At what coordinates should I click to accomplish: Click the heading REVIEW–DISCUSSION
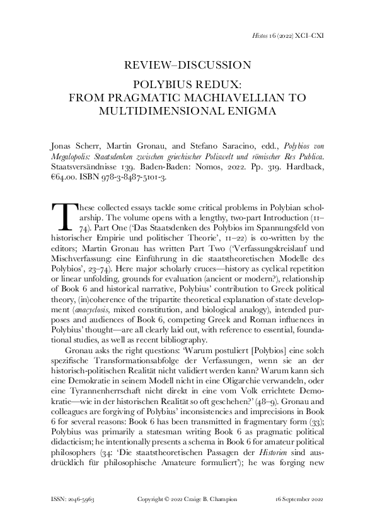pyautogui.click(x=187, y=65)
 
